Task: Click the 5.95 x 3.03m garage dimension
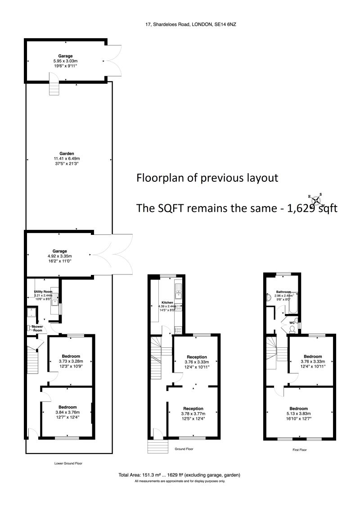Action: pyautogui.click(x=65, y=61)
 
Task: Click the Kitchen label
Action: pyautogui.click(x=167, y=302)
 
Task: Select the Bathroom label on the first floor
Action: pyautogui.click(x=283, y=292)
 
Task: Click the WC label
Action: pyautogui.click(x=292, y=323)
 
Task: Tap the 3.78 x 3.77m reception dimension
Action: pyautogui.click(x=192, y=414)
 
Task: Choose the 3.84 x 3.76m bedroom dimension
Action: pyautogui.click(x=67, y=412)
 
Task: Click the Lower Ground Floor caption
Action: pyautogui.click(x=68, y=463)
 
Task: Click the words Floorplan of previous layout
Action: pyautogui.click(x=207, y=178)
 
